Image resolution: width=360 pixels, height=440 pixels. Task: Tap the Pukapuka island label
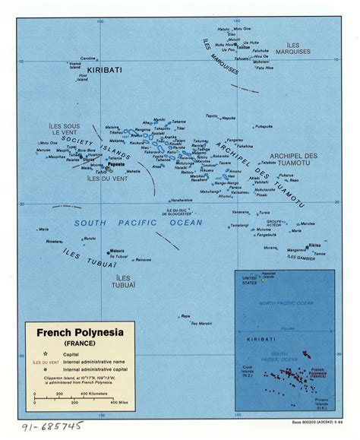264,126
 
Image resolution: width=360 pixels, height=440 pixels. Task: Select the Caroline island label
89,58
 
